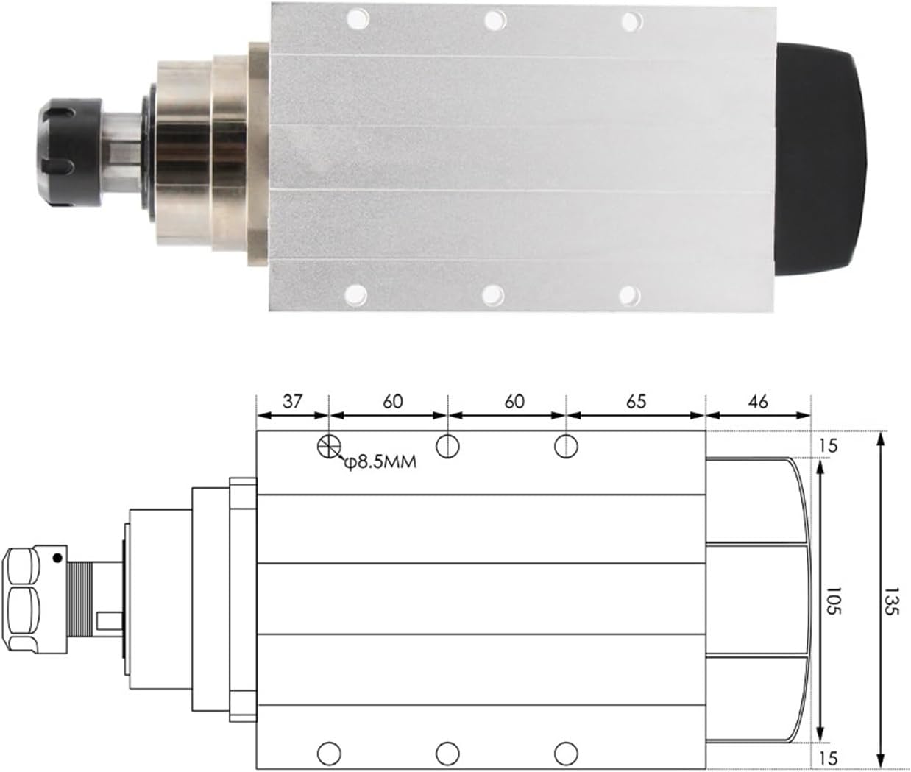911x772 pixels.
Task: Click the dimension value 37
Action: click(x=292, y=401)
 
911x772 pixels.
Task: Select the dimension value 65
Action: click(x=637, y=401)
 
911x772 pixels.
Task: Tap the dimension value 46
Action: click(x=757, y=401)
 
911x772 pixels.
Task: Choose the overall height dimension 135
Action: click(x=893, y=601)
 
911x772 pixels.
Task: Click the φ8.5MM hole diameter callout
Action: click(x=380, y=463)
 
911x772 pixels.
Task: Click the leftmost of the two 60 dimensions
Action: click(x=392, y=401)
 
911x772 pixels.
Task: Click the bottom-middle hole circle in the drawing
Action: click(x=447, y=753)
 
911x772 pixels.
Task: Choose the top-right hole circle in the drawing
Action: click(x=566, y=445)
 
